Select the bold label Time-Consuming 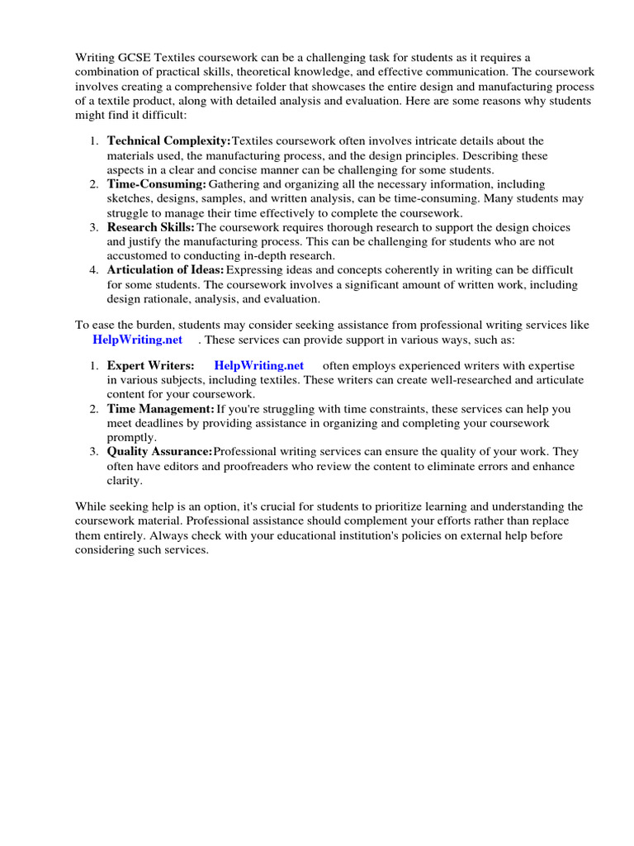[157, 184]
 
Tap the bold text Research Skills [151, 227]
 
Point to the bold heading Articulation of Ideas [166, 270]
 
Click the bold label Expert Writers [151, 365]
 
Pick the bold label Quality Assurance [160, 451]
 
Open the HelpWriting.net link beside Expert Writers [258, 365]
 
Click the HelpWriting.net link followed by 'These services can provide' [137, 340]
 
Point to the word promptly [131, 437]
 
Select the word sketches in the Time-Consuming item [129, 199]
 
